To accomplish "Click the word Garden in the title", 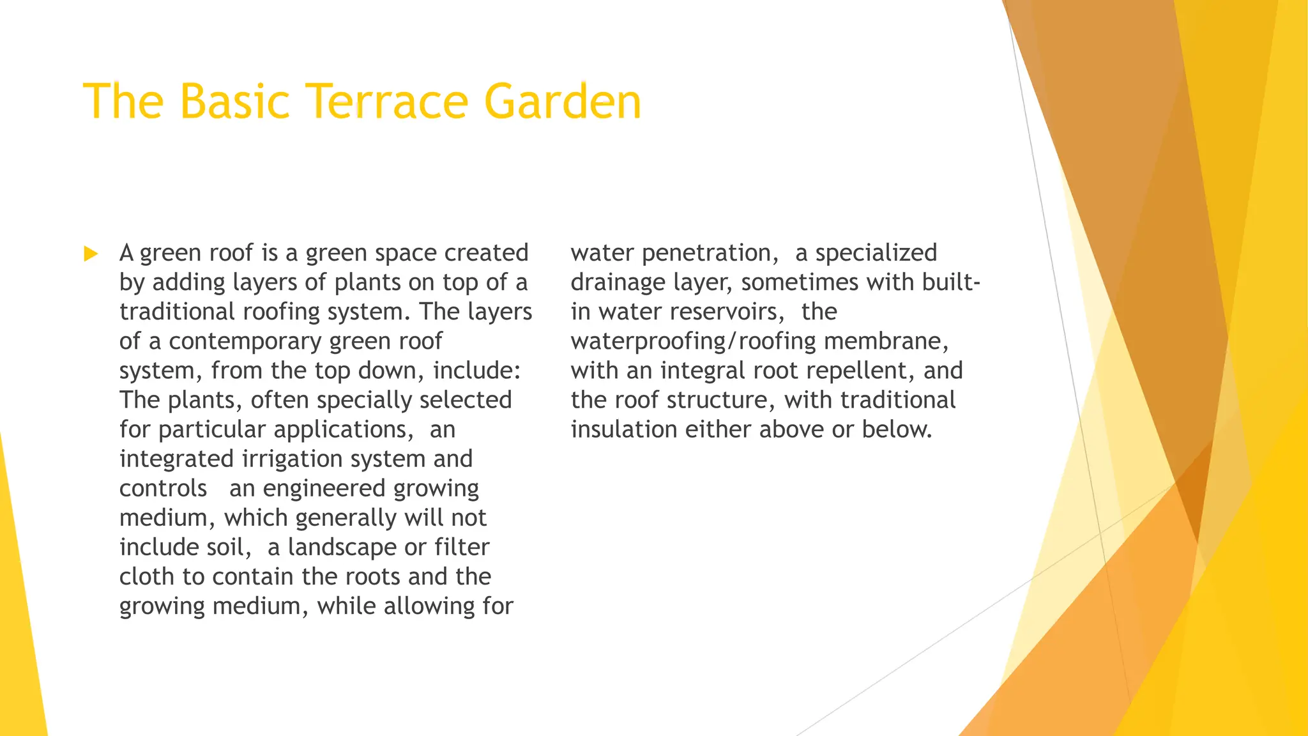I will pyautogui.click(x=562, y=102).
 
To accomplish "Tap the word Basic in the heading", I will pyautogui.click(x=234, y=102).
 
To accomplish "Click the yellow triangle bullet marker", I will pyautogui.click(x=91, y=254).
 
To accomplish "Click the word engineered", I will pyautogui.click(x=324, y=489).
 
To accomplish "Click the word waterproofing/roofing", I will pyautogui.click(x=693, y=341).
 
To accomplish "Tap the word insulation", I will pyautogui.click(x=624, y=429).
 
